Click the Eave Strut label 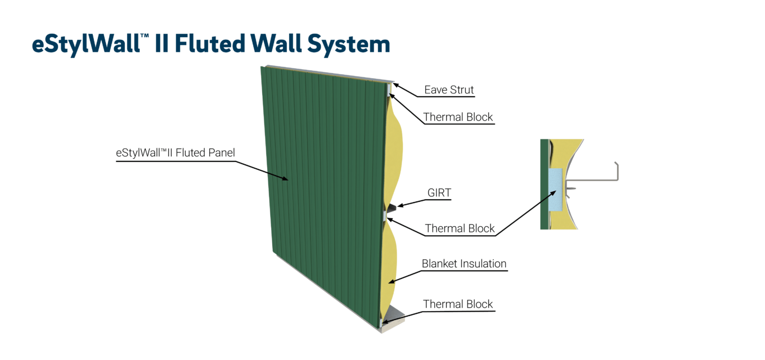449,90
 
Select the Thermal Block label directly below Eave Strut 458,117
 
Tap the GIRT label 439,193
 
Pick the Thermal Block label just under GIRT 460,228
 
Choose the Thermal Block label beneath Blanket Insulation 458,304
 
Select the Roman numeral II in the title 160,44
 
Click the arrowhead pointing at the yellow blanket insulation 391,281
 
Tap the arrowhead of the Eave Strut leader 394,85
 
